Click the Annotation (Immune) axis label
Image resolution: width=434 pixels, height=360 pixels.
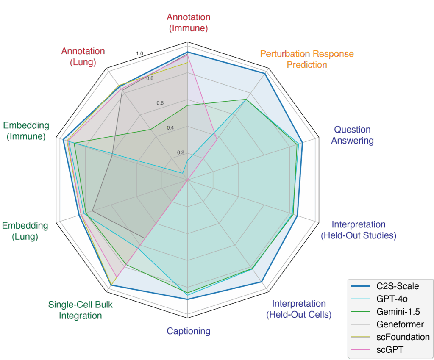click(188, 23)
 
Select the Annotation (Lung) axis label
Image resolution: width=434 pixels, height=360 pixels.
click(83, 56)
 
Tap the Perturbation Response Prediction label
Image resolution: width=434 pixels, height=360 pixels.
click(307, 59)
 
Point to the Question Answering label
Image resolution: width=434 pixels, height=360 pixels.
click(352, 135)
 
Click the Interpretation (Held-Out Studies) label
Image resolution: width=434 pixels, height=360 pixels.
click(359, 230)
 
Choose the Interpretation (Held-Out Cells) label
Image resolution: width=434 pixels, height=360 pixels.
click(299, 309)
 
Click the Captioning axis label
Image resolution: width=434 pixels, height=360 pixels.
click(189, 331)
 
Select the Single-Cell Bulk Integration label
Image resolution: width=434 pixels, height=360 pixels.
click(81, 310)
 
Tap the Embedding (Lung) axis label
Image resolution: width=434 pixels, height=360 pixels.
click(25, 231)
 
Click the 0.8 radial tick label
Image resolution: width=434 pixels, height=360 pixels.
click(150, 78)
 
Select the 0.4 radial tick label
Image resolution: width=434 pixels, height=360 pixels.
click(170, 128)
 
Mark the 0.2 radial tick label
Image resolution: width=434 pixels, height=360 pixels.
click(180, 152)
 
